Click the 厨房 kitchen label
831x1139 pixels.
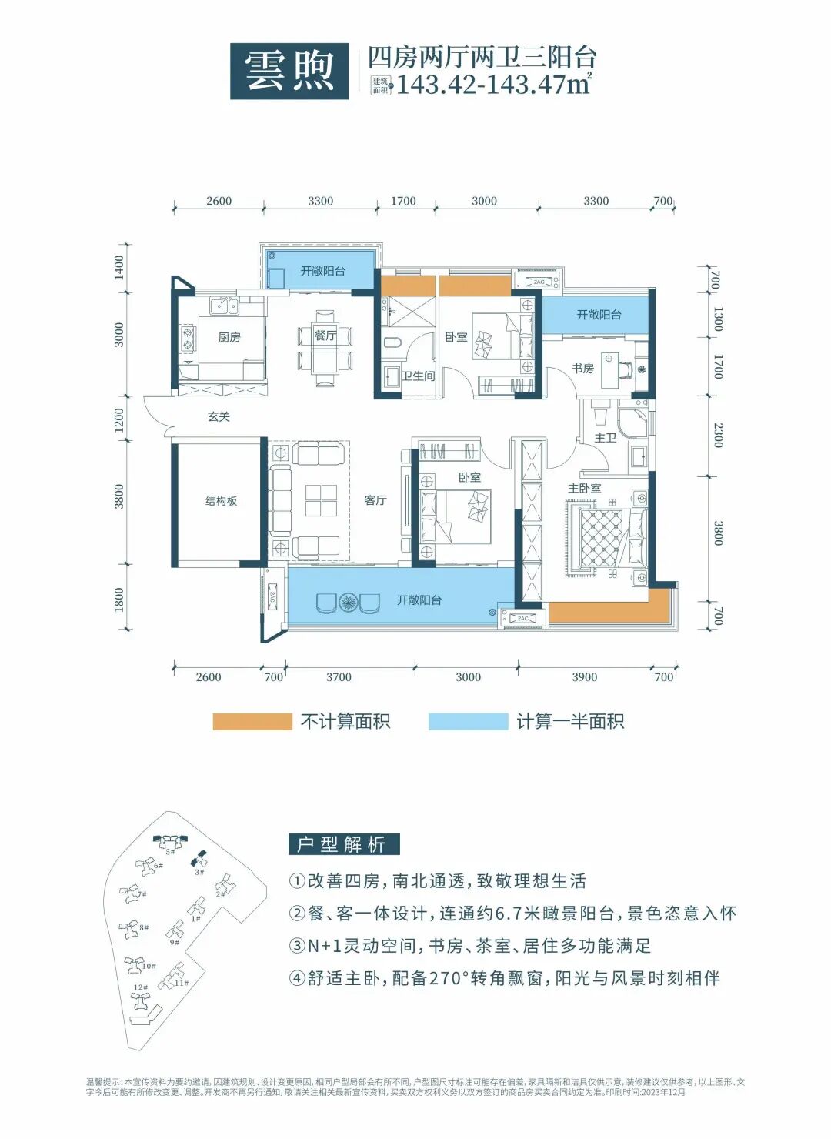point(229,337)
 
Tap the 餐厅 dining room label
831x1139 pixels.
point(325,336)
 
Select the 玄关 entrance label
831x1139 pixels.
point(219,416)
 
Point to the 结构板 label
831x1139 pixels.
point(221,501)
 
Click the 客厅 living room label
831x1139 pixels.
point(375,500)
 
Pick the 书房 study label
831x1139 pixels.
point(582,369)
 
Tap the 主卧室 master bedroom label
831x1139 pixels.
point(585,488)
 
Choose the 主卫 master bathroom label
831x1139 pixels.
point(606,437)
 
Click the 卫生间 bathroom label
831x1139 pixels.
point(419,376)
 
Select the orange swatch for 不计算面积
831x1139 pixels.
point(252,721)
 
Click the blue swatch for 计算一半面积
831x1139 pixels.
point(468,721)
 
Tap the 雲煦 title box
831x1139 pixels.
point(289,71)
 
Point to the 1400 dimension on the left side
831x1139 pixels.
point(119,267)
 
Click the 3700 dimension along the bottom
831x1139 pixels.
point(339,677)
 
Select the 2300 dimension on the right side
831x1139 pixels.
point(718,435)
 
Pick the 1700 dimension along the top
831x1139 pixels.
point(403,201)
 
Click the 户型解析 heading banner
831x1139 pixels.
point(344,844)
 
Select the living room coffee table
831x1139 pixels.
point(322,500)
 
